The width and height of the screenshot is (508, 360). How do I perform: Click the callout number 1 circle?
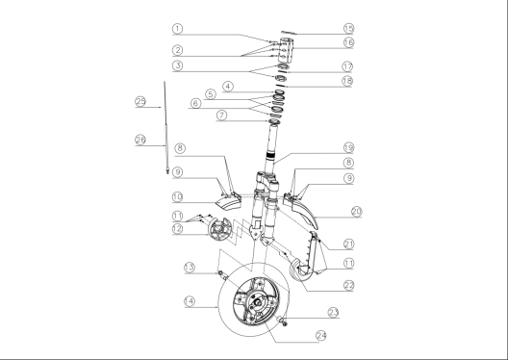[x=177, y=29]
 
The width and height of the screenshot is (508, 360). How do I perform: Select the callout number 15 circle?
[x=348, y=28]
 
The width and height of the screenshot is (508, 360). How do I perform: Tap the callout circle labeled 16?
[x=348, y=42]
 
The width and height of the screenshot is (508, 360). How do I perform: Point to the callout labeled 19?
[x=348, y=148]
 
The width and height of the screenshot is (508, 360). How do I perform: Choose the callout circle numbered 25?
[x=140, y=101]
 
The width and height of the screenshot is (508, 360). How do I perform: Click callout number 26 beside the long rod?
[x=140, y=140]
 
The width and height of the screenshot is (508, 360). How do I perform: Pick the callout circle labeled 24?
[x=321, y=336]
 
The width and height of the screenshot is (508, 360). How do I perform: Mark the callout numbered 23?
[x=333, y=313]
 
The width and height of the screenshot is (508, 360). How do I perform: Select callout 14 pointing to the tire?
[x=190, y=301]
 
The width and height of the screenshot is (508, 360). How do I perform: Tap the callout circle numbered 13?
[x=190, y=268]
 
